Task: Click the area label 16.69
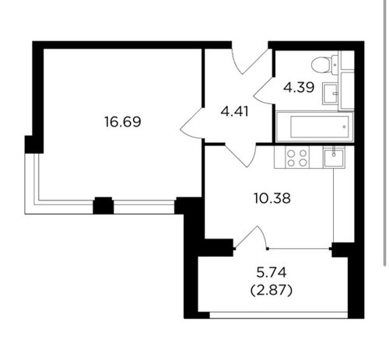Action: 123,121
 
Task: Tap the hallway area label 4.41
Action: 235,112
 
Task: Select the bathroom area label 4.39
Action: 299,87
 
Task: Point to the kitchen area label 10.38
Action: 272,198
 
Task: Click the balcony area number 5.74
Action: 272,273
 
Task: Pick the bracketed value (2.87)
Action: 272,291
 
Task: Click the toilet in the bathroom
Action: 324,64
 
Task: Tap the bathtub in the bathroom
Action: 315,127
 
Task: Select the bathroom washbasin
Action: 331,94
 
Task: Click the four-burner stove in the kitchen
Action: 297,158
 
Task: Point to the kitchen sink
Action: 334,156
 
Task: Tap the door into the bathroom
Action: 264,91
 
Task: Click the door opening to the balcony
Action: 251,238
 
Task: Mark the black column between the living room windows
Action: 103,205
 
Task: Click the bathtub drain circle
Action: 344,127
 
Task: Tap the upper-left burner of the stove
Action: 291,153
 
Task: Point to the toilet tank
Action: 335,64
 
